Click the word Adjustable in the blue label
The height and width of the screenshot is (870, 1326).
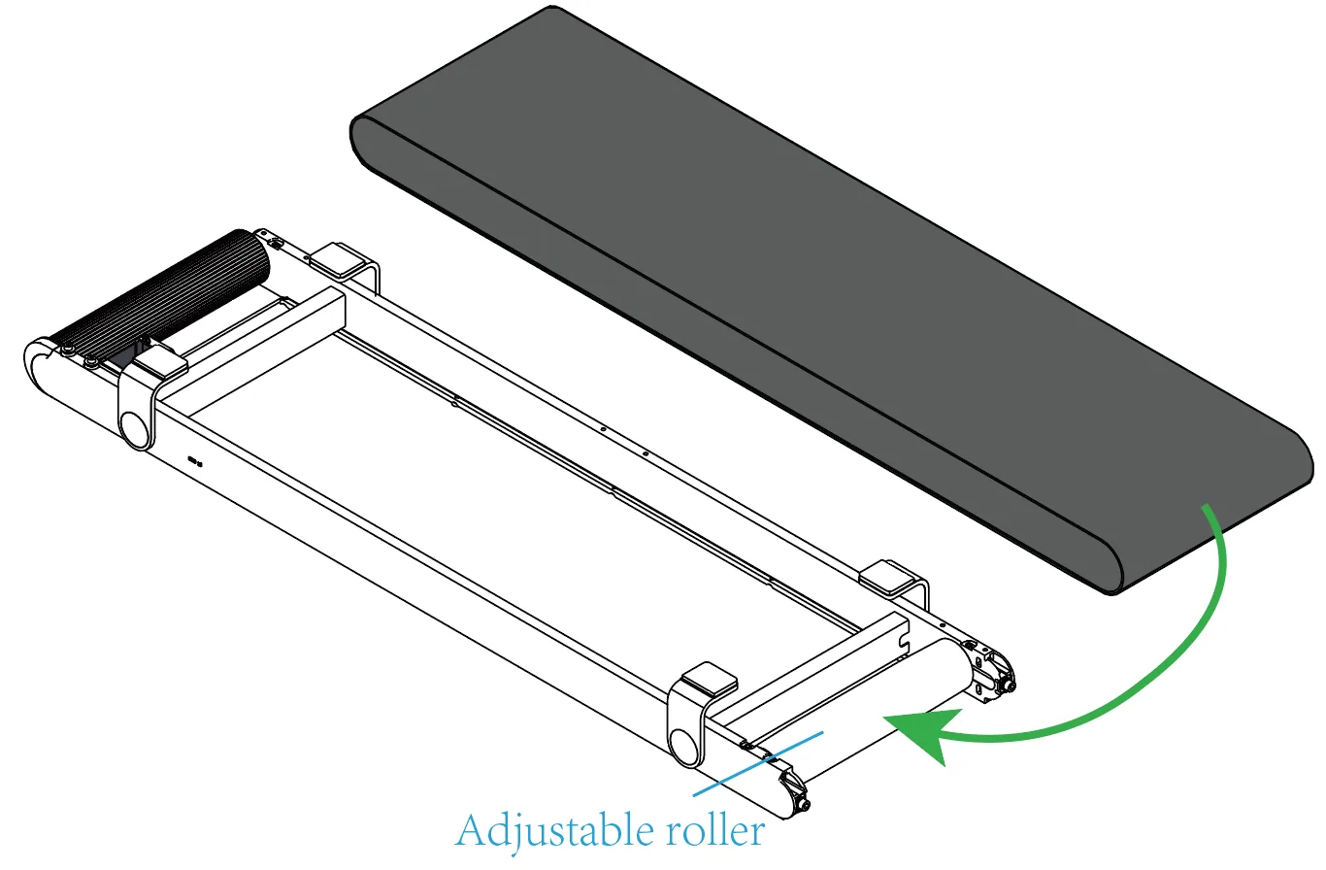[554, 832]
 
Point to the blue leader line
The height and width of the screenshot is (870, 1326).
[758, 764]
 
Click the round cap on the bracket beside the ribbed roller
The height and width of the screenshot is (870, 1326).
[136, 430]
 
